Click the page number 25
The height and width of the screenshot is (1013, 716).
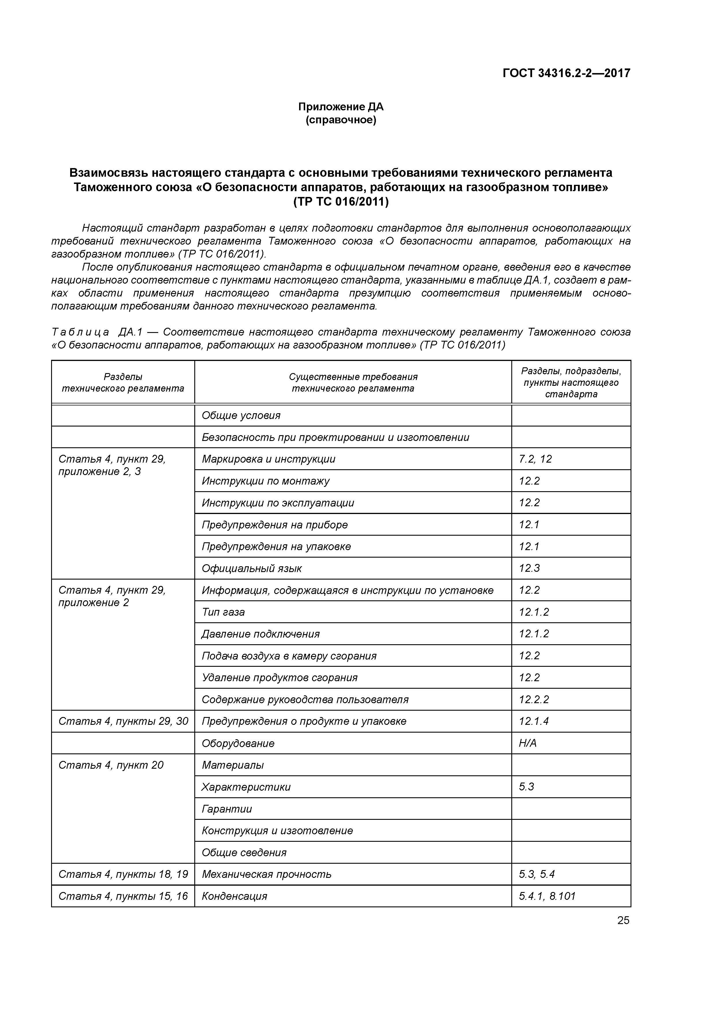(623, 920)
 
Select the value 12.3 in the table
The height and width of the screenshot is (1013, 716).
(529, 568)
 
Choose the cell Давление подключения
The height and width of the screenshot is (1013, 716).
(260, 634)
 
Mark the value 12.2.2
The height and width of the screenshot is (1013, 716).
(534, 699)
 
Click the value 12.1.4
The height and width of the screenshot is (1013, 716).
(534, 721)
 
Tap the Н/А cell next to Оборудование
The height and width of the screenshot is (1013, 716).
(528, 743)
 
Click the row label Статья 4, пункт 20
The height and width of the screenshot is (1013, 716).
(111, 765)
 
